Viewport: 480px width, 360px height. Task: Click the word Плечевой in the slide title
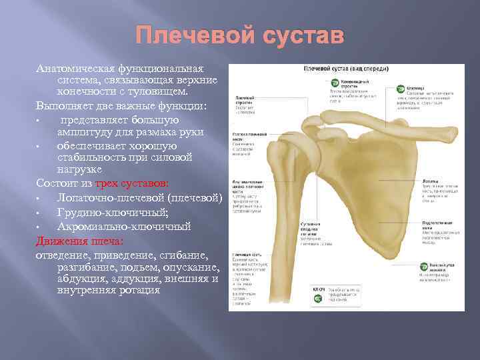(189, 35)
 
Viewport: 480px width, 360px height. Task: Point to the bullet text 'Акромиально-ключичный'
(124, 227)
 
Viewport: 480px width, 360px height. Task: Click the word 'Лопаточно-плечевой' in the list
(111, 198)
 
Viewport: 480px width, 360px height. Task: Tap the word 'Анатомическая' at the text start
(74, 69)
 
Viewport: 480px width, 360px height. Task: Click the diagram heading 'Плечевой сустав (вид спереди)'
(346, 69)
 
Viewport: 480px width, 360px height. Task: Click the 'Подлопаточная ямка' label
(437, 223)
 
